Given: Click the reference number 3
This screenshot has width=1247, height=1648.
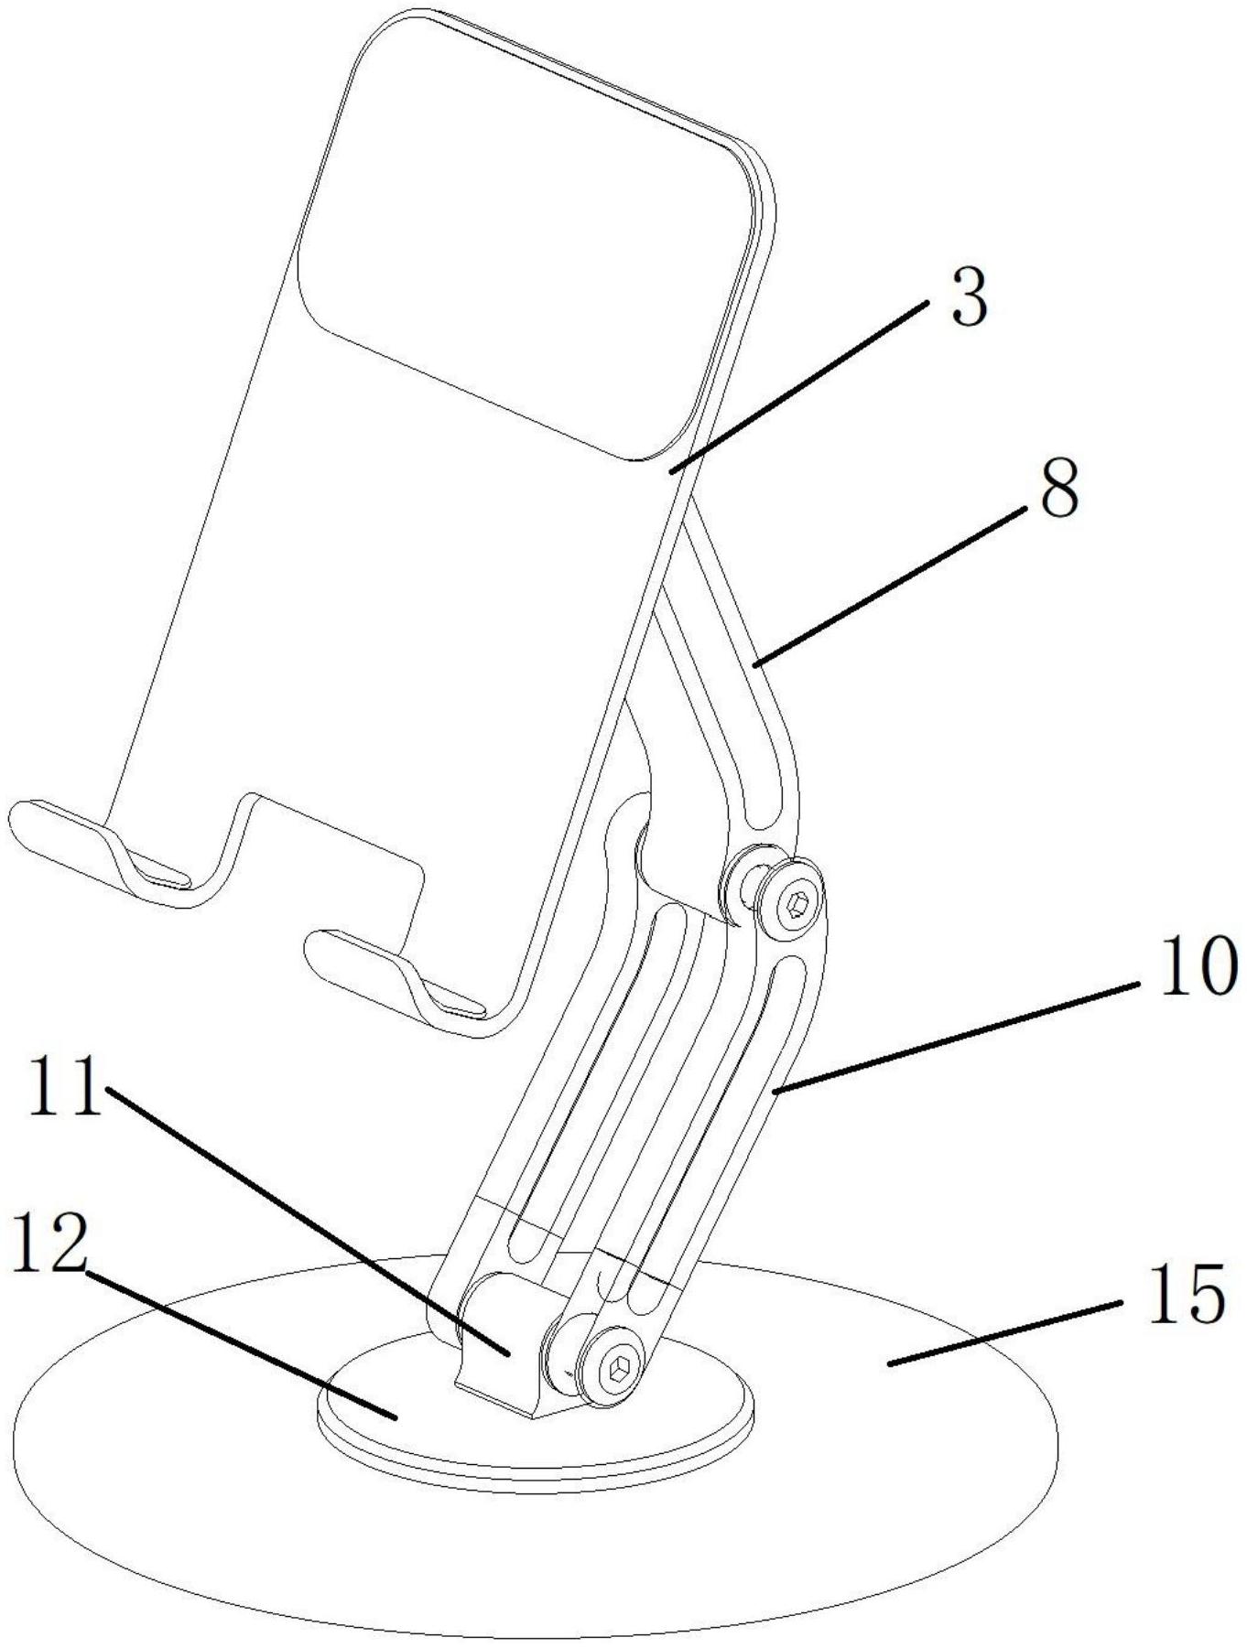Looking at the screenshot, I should [x=970, y=298].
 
